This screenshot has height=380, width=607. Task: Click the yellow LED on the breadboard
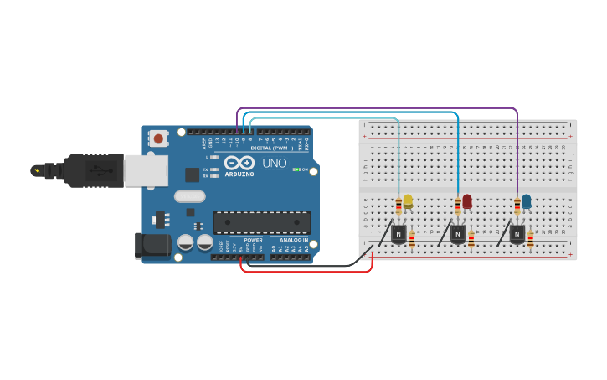(408, 200)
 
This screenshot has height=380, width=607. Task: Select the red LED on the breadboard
(467, 200)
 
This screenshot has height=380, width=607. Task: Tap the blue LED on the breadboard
(526, 200)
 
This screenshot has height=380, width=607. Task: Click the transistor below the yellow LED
(399, 234)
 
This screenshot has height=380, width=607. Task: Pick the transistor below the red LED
(458, 234)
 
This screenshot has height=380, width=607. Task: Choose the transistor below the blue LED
(517, 234)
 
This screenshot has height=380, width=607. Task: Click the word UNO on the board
(275, 164)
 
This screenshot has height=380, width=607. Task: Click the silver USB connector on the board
(145, 170)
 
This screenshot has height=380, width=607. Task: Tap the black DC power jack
(152, 245)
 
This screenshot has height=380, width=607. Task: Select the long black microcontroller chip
(262, 221)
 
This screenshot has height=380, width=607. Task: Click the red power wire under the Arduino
(306, 272)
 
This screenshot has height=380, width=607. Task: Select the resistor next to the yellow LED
(399, 205)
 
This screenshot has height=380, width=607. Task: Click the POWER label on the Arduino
(253, 240)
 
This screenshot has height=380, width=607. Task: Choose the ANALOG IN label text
(293, 240)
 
